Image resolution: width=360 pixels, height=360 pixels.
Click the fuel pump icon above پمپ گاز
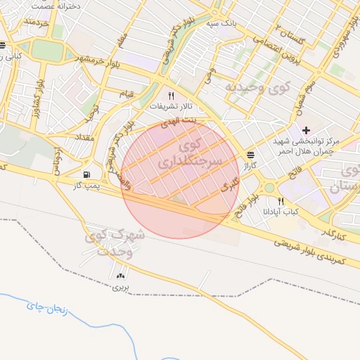click(x=86, y=174)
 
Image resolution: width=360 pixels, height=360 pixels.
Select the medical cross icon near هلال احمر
click(x=306, y=130)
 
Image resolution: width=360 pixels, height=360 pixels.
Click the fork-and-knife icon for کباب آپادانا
click(x=281, y=200)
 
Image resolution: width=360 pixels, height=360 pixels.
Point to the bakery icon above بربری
click(x=120, y=276)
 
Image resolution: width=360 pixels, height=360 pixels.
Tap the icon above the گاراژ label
click(x=251, y=155)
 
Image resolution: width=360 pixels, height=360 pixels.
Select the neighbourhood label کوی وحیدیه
click(x=257, y=89)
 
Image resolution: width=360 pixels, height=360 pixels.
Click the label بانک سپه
click(x=219, y=24)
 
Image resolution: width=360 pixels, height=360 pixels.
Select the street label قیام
click(x=127, y=94)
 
